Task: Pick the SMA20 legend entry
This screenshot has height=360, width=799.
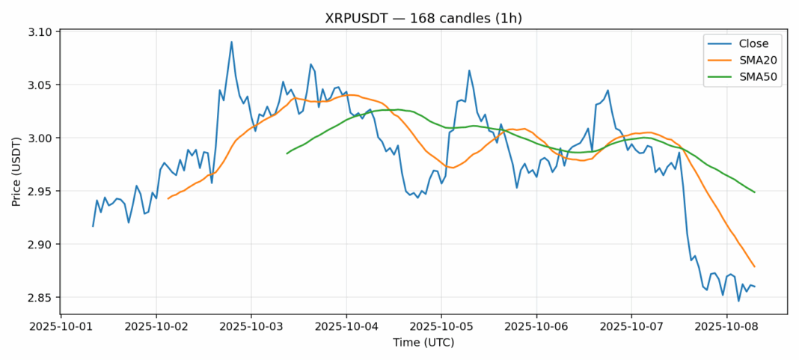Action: [x=748, y=61]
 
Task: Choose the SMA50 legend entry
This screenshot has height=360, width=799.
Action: [x=748, y=78]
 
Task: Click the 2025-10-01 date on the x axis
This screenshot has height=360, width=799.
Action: [x=61, y=327]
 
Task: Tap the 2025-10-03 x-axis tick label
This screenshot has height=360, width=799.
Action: [x=251, y=327]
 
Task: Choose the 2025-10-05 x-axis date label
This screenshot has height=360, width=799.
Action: [x=441, y=327]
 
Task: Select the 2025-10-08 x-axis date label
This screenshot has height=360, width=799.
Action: [x=726, y=327]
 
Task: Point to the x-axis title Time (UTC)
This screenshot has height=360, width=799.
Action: [x=423, y=343]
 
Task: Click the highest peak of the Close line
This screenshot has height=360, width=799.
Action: [x=231, y=42]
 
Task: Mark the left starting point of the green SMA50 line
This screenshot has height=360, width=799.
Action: [x=287, y=153]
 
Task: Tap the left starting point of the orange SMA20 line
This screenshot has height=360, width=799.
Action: [x=168, y=198]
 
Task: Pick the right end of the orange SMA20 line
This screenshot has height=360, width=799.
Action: [x=754, y=266]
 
